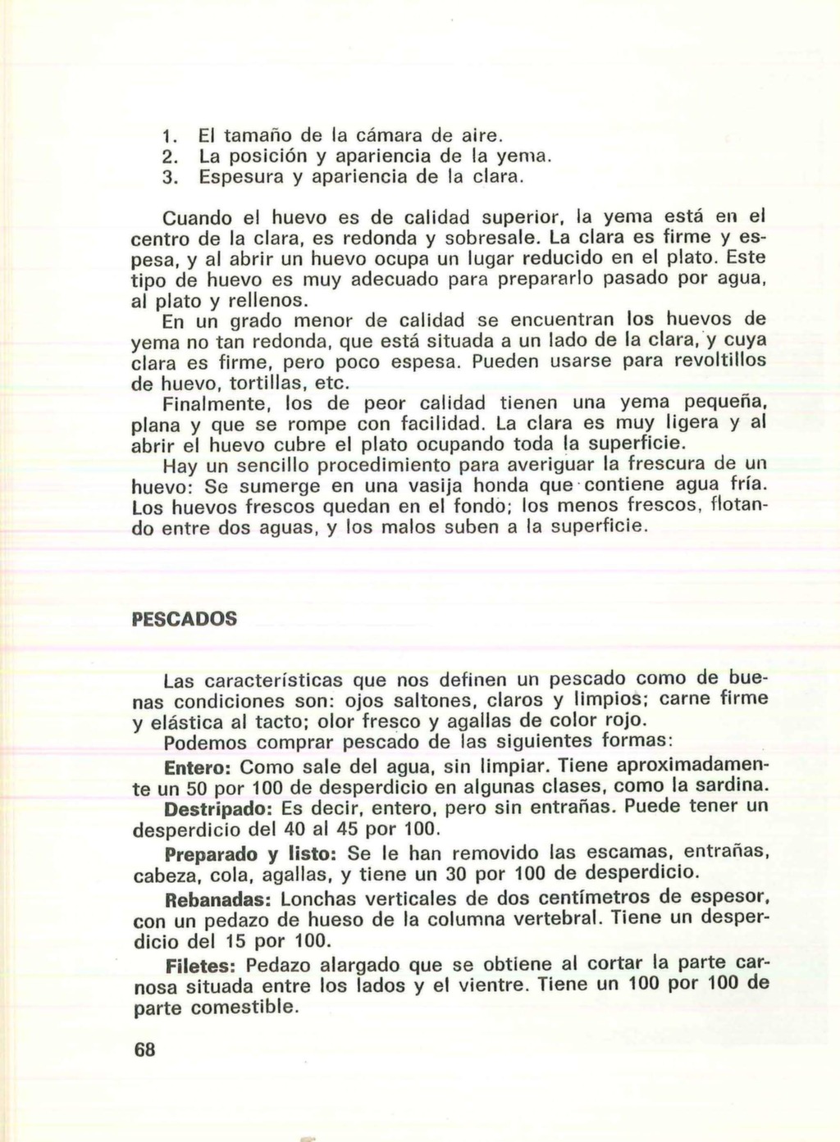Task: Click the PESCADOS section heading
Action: (185, 618)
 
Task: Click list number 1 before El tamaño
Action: (167, 134)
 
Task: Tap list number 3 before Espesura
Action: (167, 176)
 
